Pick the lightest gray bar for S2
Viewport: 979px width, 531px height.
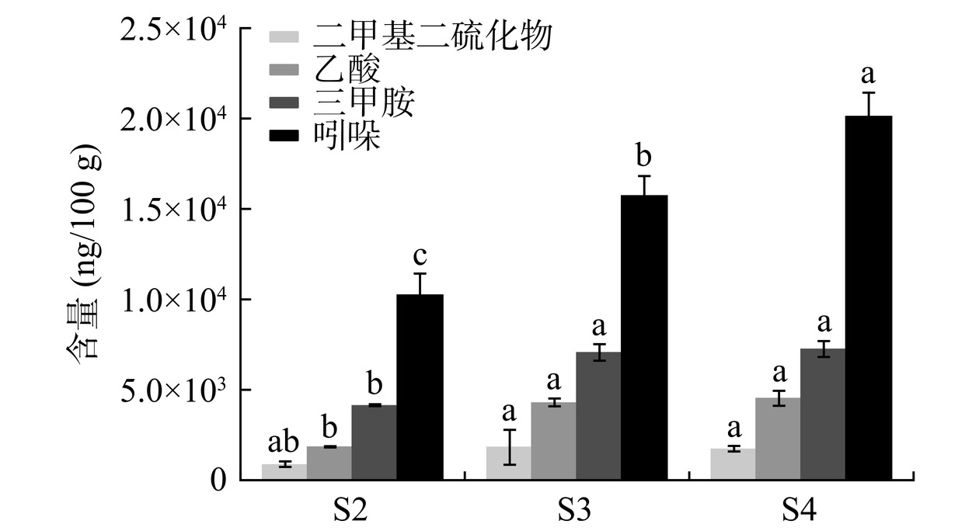tap(284, 471)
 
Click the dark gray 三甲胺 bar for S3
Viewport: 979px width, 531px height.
tap(598, 415)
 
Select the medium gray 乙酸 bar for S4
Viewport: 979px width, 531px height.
tap(778, 439)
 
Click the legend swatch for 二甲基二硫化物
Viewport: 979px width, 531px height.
tap(284, 36)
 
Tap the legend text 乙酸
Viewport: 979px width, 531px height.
tap(347, 70)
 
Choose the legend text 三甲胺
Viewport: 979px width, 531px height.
tap(364, 103)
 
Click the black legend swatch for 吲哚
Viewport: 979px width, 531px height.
tap(284, 137)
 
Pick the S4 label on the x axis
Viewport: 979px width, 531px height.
tap(799, 510)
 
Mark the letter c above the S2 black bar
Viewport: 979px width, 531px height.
tap(420, 256)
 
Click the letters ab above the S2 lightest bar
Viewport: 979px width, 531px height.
tap(284, 442)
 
